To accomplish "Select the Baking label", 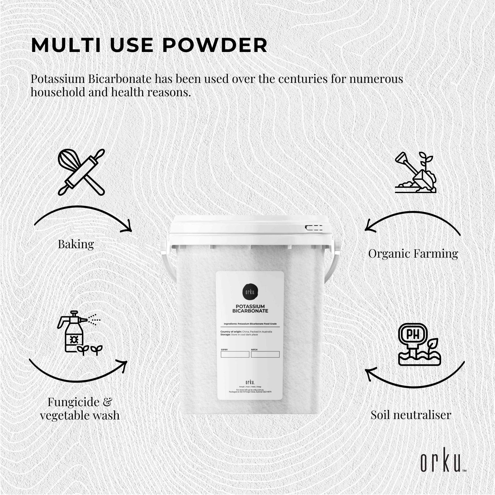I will [76, 244].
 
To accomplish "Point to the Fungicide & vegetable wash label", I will [80, 409].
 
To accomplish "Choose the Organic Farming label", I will [413, 254].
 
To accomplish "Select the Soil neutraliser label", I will [411, 415].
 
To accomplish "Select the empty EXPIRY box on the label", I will [235, 355].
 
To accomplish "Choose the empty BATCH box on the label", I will [265, 355].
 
